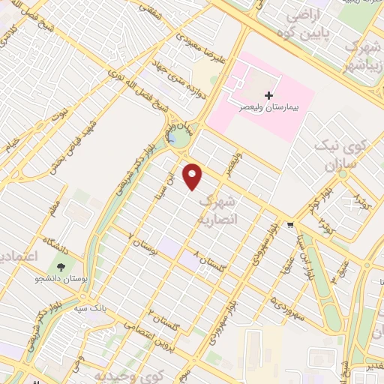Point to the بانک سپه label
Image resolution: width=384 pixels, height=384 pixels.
90,307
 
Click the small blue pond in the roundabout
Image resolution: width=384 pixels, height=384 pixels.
175,138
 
